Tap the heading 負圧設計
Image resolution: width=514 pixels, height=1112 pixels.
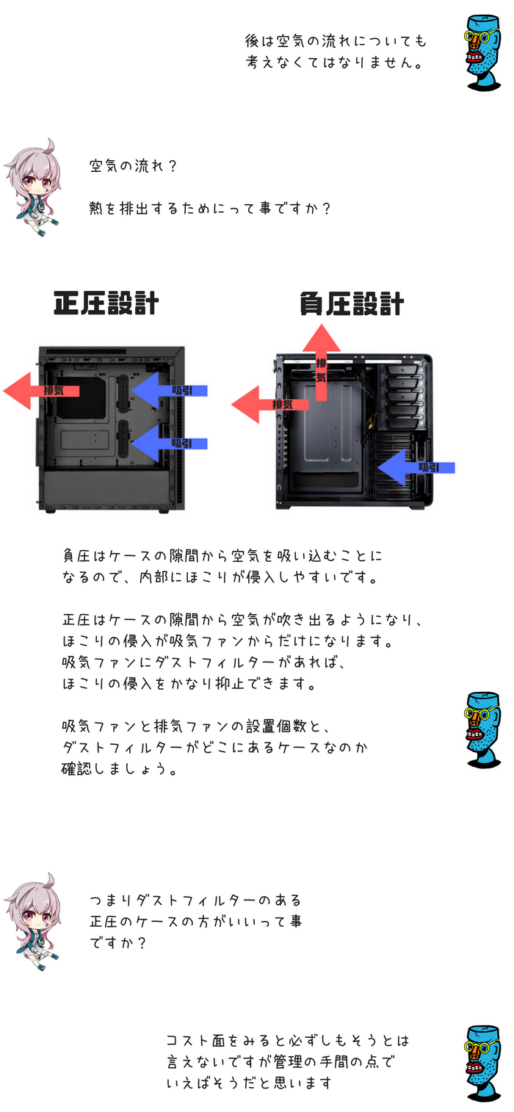click(352, 303)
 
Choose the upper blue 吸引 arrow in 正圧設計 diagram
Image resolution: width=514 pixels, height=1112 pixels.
click(169, 390)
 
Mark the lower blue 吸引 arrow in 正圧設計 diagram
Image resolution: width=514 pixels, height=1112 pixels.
click(169, 443)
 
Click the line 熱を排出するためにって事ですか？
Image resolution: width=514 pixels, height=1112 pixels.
click(210, 209)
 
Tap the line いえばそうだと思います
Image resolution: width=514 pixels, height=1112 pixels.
click(250, 1083)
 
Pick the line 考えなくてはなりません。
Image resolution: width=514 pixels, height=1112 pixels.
click(334, 63)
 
